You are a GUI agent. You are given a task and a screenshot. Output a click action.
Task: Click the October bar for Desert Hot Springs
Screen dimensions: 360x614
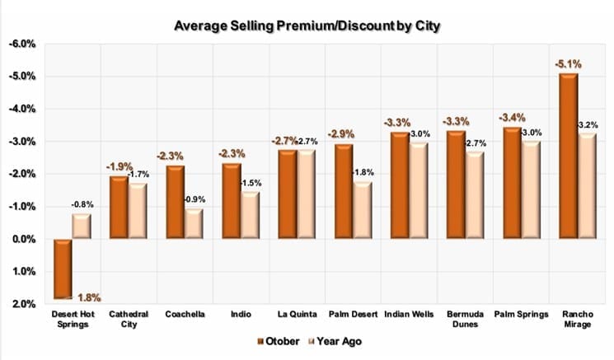point(62,269)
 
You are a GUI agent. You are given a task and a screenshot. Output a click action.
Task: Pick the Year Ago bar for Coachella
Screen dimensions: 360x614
point(195,224)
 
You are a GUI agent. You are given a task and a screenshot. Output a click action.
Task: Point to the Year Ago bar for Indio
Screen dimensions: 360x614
point(250,215)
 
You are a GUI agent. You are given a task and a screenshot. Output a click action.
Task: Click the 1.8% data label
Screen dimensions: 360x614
point(87,297)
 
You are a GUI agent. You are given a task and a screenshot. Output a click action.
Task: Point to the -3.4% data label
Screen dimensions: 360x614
point(511,117)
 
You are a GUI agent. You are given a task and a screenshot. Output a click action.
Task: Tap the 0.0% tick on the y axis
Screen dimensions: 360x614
point(21,239)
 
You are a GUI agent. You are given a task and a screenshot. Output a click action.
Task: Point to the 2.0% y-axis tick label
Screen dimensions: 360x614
point(21,304)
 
